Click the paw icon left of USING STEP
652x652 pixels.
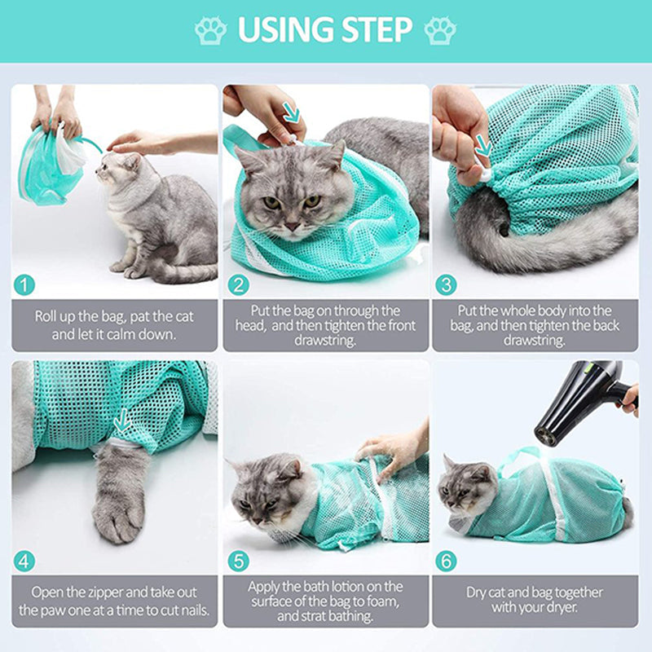tap(210, 30)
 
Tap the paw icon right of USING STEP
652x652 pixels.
tap(440, 30)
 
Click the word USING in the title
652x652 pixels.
tap(280, 30)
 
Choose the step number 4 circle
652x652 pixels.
tap(25, 562)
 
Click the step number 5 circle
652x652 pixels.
tap(237, 562)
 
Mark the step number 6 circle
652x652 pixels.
tap(446, 562)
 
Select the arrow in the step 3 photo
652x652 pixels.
tap(482, 147)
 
